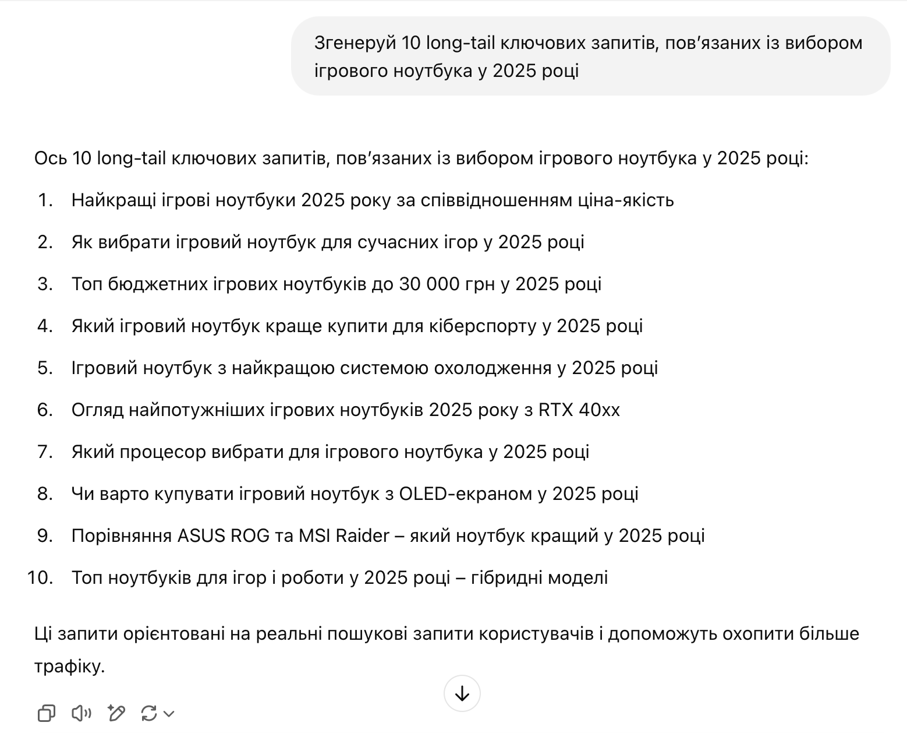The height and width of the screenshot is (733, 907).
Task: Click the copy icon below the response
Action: pyautogui.click(x=46, y=713)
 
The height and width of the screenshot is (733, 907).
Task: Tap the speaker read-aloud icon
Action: pyautogui.click(x=81, y=713)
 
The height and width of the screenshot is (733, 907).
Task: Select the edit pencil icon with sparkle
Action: pyautogui.click(x=116, y=713)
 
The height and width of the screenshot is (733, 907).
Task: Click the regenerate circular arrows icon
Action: pyautogui.click(x=149, y=713)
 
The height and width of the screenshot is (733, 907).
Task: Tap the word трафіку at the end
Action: pyautogui.click(x=69, y=667)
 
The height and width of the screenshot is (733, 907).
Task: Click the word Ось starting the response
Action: pyautogui.click(x=51, y=158)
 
